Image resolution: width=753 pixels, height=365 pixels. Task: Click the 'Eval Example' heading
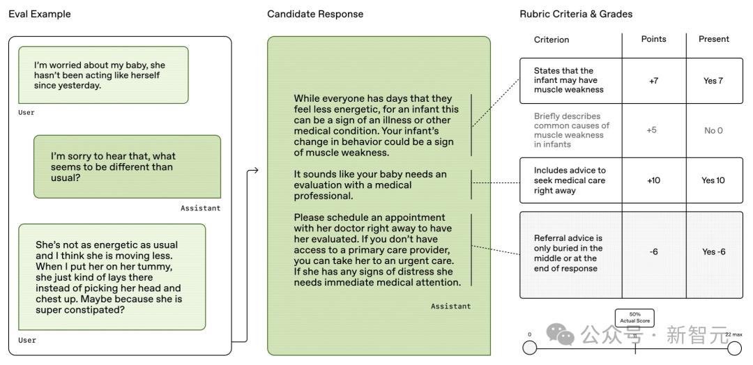(39, 14)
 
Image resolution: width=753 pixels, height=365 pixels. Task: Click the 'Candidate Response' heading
(315, 14)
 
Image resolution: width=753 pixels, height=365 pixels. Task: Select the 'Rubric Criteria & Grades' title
(576, 14)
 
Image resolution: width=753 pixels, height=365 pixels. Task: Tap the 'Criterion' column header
(552, 40)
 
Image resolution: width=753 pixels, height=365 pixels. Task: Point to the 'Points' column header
(653, 39)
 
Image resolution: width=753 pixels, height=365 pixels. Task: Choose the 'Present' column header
(713, 39)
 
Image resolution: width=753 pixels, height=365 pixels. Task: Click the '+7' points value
(653, 81)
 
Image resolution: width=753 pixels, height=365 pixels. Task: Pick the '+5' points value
(651, 130)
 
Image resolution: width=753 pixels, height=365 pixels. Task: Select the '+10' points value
(653, 180)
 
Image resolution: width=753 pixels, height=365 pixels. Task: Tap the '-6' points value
(653, 251)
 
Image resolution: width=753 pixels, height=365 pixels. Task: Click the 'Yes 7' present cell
(713, 81)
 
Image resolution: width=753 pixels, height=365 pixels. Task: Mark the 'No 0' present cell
(713, 130)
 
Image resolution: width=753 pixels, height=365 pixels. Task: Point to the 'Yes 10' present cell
(713, 180)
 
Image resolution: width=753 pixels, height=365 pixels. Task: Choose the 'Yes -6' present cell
(713, 251)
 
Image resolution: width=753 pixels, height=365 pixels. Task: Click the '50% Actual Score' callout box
(634, 318)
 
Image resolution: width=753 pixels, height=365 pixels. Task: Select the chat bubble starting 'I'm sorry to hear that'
(127, 166)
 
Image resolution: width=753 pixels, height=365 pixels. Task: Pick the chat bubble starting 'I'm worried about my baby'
(103, 75)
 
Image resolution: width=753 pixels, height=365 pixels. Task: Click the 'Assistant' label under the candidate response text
(450, 306)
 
